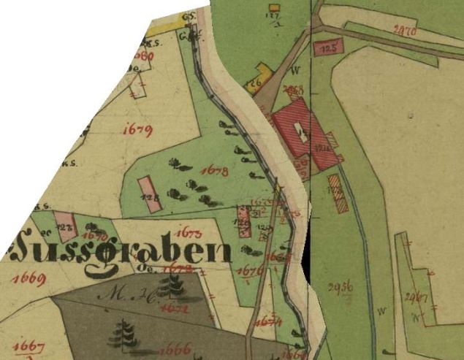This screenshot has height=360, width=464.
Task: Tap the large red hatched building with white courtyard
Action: coord(301,132)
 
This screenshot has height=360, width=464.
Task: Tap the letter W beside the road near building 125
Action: coord(296,71)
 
